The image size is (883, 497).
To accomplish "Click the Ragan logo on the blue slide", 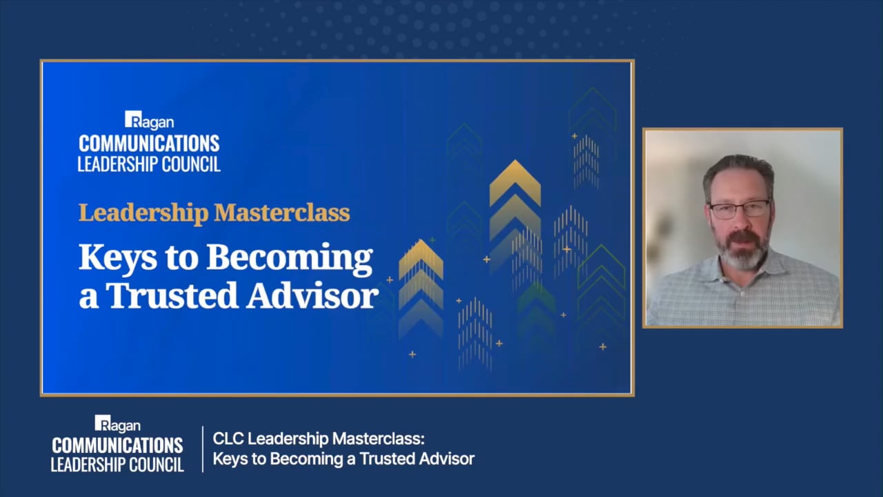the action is click(x=150, y=120).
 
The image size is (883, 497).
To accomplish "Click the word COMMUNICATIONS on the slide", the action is click(x=149, y=144).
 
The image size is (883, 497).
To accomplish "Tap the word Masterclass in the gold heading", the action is click(x=282, y=213).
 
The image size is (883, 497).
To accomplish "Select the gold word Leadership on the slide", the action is click(x=143, y=213).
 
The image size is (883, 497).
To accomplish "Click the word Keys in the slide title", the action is click(x=117, y=258).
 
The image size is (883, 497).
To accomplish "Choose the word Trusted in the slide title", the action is click(x=172, y=295).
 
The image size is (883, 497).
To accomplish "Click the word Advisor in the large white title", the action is click(x=312, y=295).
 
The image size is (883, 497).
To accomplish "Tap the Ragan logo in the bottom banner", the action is click(x=117, y=424).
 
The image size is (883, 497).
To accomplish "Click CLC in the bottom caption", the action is click(x=228, y=438).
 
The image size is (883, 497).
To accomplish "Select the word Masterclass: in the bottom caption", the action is click(x=379, y=438).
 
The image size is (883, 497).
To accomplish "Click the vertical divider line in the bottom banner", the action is click(x=203, y=449).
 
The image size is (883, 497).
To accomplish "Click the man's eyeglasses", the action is click(x=740, y=209).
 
